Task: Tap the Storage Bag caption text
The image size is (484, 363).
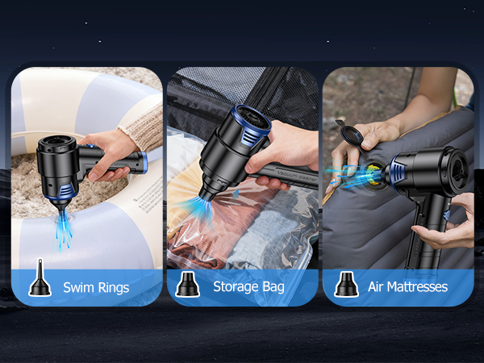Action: click(x=248, y=287)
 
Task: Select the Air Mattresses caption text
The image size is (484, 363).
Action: click(x=407, y=287)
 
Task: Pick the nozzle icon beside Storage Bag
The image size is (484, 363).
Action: click(x=187, y=284)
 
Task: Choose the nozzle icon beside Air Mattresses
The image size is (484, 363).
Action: click(x=345, y=284)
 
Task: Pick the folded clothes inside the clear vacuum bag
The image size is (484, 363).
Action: click(x=242, y=234)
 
